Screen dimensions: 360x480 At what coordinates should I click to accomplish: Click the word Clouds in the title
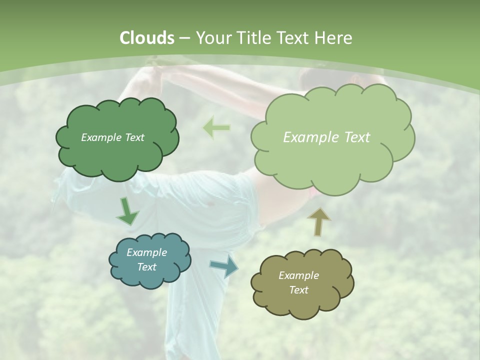click(146, 38)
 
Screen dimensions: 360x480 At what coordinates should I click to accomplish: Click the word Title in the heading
click(253, 38)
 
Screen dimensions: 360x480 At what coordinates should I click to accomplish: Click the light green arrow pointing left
click(216, 128)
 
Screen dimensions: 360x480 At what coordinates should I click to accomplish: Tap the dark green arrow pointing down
click(127, 211)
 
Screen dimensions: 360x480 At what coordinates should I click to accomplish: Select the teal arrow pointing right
click(224, 266)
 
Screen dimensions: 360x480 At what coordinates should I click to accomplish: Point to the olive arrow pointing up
click(318, 221)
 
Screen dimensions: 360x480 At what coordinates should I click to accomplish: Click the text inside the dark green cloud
click(112, 137)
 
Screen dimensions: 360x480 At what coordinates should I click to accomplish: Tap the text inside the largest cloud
click(326, 137)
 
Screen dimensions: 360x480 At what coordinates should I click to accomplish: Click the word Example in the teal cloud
click(146, 252)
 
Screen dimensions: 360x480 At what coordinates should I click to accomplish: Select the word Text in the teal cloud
click(146, 267)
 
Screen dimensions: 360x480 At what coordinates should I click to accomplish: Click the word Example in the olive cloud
click(298, 275)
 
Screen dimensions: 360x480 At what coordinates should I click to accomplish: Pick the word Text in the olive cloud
click(298, 290)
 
